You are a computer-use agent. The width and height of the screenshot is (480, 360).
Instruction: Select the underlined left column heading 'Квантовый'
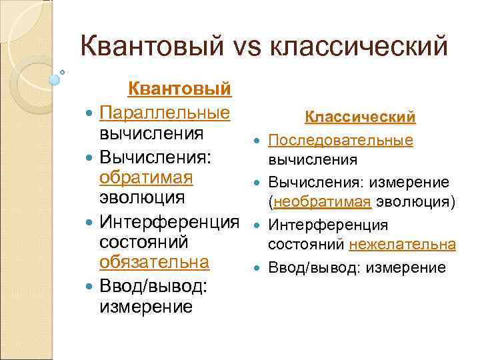tap(179, 89)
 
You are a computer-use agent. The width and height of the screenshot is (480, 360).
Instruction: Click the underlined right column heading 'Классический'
tap(360, 117)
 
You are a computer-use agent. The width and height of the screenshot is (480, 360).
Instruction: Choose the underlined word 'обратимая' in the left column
tap(146, 178)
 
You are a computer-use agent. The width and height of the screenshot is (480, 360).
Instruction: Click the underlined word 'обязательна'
tap(154, 262)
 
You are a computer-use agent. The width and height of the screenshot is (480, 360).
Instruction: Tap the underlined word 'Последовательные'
tap(341, 140)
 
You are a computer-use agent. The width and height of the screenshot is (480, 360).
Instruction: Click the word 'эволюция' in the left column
tap(141, 199)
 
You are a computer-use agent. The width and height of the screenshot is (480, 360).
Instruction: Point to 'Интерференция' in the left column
tap(169, 221)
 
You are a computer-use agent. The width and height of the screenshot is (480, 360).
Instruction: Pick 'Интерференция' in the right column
tap(317, 225)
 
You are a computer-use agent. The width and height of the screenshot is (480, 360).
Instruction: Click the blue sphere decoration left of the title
tap(55, 79)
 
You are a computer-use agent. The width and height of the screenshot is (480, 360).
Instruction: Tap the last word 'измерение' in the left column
tap(145, 306)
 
